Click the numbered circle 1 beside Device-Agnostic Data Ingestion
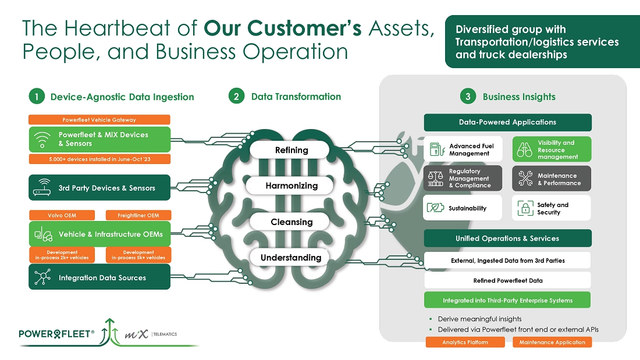coord(36,97)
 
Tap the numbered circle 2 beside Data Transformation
coord(236,97)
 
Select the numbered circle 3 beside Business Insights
coord(468,97)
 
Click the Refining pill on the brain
coord(291,150)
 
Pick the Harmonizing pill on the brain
coord(291,186)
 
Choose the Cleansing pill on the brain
coord(291,222)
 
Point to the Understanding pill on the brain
coord(291,257)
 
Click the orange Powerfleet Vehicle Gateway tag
coord(99,120)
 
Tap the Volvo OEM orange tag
coord(62,215)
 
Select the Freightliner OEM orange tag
coord(138,215)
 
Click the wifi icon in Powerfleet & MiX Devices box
coord(43,140)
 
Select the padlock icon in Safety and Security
coord(525,208)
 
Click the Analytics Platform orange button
coord(465,342)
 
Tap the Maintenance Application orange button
coord(552,342)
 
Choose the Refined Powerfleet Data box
coord(507,280)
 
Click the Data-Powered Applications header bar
coord(507,122)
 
